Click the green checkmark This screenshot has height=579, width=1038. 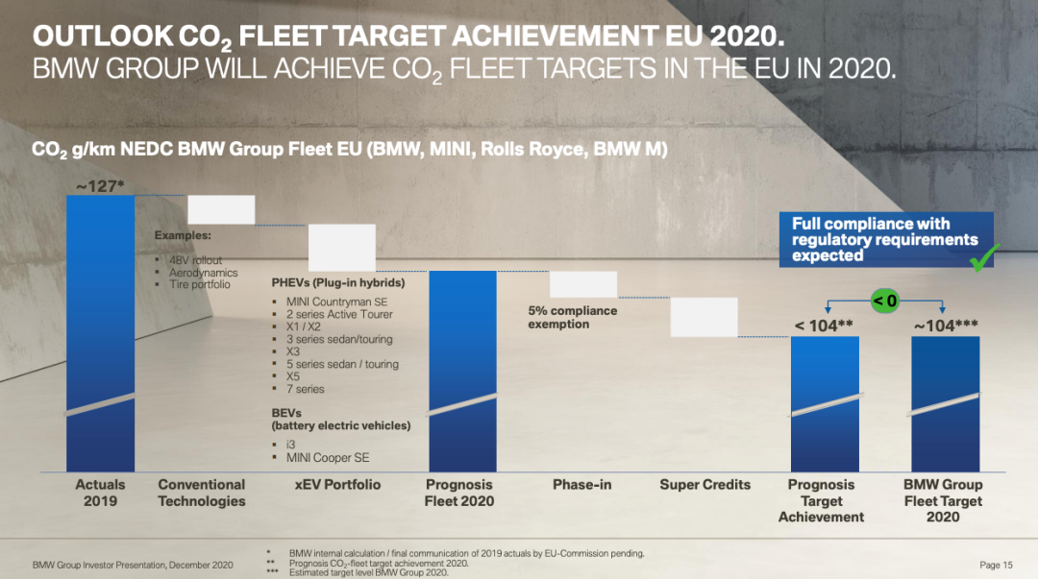pyautogui.click(x=985, y=257)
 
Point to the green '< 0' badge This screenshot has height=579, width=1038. pyautogui.click(x=884, y=301)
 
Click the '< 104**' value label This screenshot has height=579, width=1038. pyautogui.click(x=824, y=326)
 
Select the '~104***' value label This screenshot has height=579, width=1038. pyautogui.click(x=947, y=326)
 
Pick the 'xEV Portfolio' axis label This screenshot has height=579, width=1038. pyautogui.click(x=337, y=485)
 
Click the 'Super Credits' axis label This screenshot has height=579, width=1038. pyautogui.click(x=704, y=485)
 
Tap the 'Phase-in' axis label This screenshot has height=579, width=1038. pyautogui.click(x=582, y=485)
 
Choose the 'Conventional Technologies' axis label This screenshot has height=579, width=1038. pyautogui.click(x=202, y=493)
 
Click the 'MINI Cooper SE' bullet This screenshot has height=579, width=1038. pyautogui.click(x=328, y=458)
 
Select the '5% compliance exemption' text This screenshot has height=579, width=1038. pyautogui.click(x=572, y=318)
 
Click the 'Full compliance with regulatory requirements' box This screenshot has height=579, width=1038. pyautogui.click(x=884, y=239)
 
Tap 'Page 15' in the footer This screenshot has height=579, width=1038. pyautogui.click(x=996, y=565)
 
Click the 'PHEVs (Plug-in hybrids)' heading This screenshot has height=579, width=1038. pyautogui.click(x=338, y=283)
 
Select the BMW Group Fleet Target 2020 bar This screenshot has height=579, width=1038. pyautogui.click(x=945, y=403)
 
